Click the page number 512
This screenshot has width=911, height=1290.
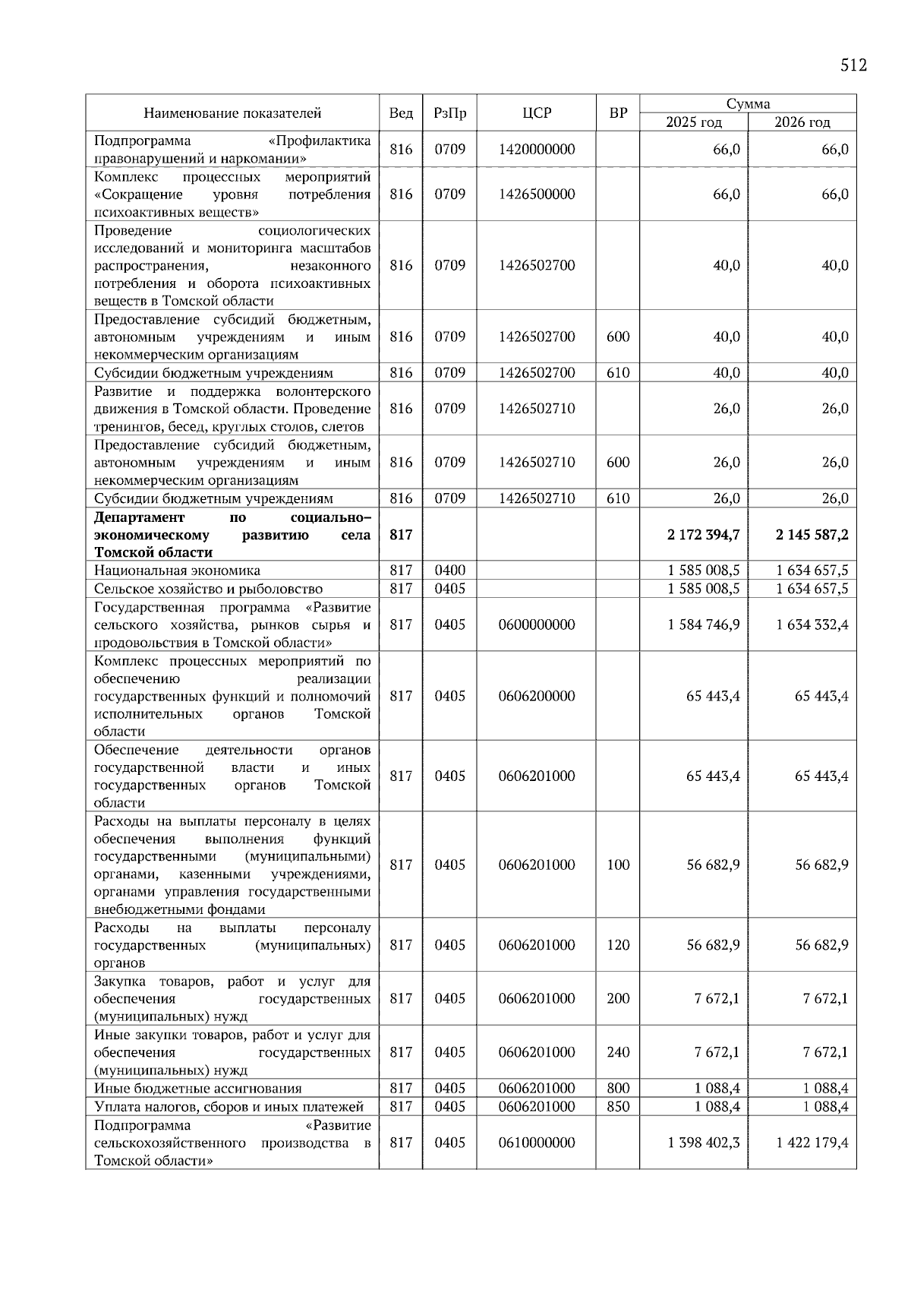coord(853,65)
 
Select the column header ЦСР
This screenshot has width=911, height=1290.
coord(537,113)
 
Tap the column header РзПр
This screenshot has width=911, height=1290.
coord(449,113)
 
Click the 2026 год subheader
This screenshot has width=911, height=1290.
coord(802,122)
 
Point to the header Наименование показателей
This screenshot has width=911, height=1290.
coord(232,113)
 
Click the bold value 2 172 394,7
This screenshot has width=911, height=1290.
coord(704,535)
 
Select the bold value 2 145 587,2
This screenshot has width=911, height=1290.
coord(812,535)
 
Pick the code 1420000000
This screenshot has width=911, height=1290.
coord(537,150)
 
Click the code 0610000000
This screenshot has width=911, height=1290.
coord(537,1143)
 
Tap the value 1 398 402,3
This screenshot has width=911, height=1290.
coord(704,1143)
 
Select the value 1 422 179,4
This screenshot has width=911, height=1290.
coord(812,1143)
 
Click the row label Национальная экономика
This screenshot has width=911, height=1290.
coord(177,571)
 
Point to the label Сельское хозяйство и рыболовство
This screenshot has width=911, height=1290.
coord(208,589)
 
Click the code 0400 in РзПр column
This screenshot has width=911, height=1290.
coord(449,571)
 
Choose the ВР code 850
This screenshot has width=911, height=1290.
coord(618,1107)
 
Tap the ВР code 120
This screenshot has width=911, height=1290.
coord(618,945)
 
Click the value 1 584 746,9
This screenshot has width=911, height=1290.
coord(704,624)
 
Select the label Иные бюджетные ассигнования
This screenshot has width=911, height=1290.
coord(197,1089)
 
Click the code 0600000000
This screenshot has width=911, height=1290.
coord(537,624)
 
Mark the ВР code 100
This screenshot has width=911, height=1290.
coord(618,865)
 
